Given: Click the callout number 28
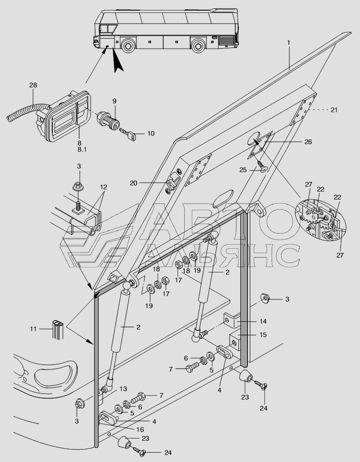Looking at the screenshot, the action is click(33, 85).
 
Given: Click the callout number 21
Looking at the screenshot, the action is click(334, 109).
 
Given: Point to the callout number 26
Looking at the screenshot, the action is click(308, 142).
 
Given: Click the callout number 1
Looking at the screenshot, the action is click(289, 43).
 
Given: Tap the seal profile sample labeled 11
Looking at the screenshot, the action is click(58, 330).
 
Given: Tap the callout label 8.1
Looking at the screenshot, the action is click(82, 149).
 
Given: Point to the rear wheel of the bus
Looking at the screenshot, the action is click(197, 45).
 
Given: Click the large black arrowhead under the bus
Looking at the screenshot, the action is click(118, 63).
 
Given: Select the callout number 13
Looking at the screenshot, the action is click(123, 389).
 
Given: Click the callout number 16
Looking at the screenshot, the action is click(140, 430).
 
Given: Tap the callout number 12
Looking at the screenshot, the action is click(103, 187).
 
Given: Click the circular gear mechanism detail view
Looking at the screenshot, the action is click(321, 219).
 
